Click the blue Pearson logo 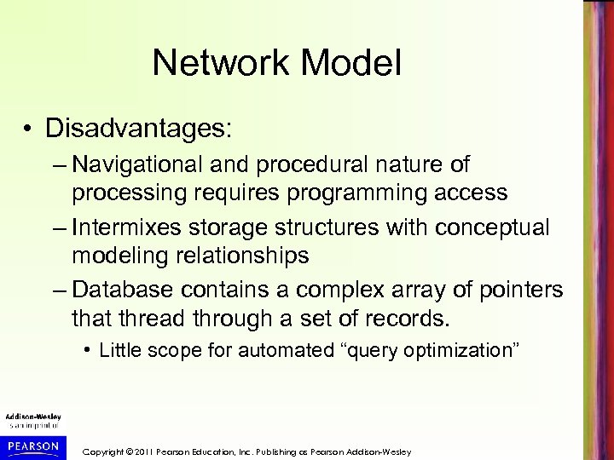click(32, 446)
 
